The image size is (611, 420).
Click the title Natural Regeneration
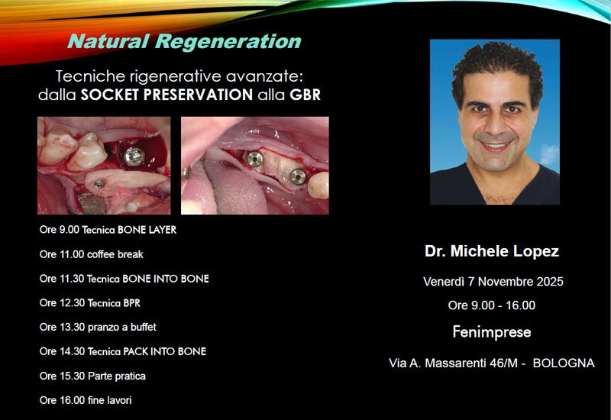pos(184,42)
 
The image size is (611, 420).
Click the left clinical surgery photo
pos(104,165)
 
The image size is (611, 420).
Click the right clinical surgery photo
pos(254,165)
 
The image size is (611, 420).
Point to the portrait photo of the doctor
pos(494,122)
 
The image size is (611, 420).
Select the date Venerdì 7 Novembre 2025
pos(493,282)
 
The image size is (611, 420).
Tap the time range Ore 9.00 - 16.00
pos(492,305)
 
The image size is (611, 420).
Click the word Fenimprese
pos(492,332)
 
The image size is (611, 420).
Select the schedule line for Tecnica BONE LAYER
pos(108,230)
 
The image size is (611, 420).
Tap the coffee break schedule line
pos(91,254)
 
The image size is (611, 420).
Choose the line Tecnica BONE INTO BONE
pos(124,279)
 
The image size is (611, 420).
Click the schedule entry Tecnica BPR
pos(89,303)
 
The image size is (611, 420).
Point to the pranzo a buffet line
pos(98,327)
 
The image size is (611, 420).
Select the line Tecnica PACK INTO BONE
pos(122,351)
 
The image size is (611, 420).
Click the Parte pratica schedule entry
pos(92,376)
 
